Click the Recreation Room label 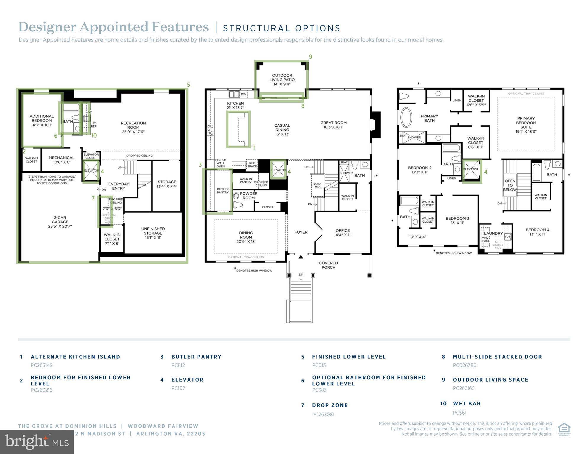133,127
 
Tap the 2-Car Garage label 60,222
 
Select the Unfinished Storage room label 153,233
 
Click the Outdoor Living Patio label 282,80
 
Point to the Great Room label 333,125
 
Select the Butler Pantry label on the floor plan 223,191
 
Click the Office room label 343,232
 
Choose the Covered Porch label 328,265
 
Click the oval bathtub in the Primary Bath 406,117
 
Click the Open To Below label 510,185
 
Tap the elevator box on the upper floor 471,170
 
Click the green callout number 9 310,57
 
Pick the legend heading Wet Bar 467,403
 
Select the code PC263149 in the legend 42,365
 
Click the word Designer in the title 47,27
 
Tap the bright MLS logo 37,442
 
